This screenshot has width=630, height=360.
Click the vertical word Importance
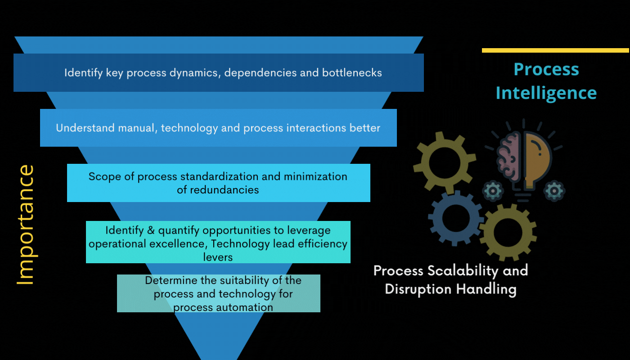click(x=26, y=225)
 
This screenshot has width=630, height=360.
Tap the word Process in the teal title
click(x=546, y=69)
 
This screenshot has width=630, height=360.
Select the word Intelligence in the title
click(x=546, y=94)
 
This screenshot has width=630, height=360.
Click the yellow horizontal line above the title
click(x=555, y=50)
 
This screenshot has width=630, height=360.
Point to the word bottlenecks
click(x=352, y=72)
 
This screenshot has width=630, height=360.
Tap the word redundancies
click(x=225, y=190)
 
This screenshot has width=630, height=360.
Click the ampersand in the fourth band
click(x=151, y=230)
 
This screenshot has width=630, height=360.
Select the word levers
click(x=218, y=257)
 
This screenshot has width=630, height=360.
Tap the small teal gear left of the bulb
click(x=493, y=191)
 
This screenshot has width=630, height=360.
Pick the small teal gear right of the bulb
click(x=554, y=191)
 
